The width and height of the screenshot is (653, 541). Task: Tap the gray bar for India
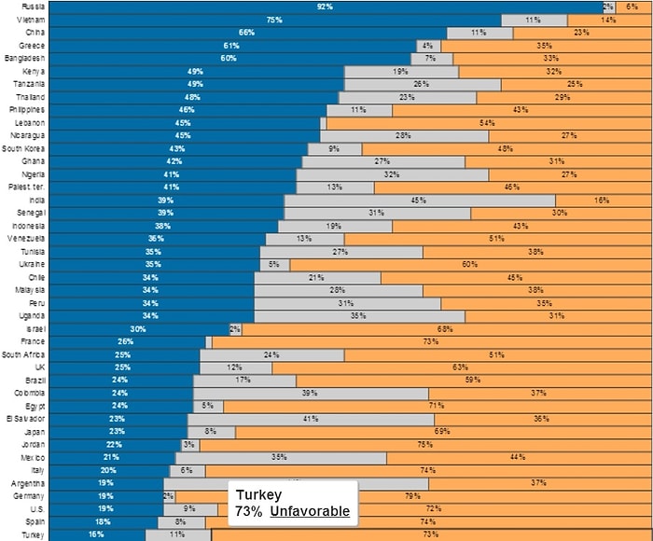pos(419,201)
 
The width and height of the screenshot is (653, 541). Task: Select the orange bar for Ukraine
pos(470,264)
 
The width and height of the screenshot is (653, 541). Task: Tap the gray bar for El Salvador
pos(311,419)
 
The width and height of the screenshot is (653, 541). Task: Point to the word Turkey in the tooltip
pos(258,494)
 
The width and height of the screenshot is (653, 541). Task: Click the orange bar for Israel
pos(446,329)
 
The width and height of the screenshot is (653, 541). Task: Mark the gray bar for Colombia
pos(311,394)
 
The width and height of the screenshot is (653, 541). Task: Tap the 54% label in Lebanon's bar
pos(486,123)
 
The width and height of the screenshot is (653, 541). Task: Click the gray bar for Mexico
pos(280,458)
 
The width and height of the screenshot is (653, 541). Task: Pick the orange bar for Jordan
pos(425,445)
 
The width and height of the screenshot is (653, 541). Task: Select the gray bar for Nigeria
pos(392,174)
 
